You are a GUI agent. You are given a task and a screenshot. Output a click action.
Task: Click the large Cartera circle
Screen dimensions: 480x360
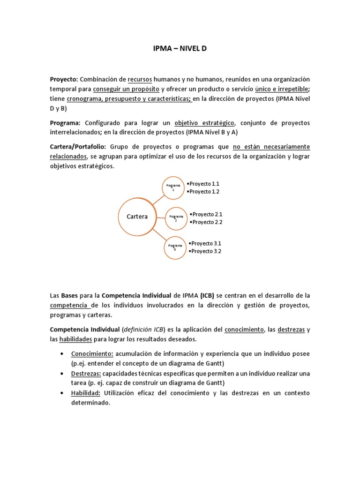(x=137, y=216)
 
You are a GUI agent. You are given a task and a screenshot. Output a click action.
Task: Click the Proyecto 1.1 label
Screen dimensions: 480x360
(x=203, y=184)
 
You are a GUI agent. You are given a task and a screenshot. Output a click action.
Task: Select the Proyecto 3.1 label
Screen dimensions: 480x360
(x=205, y=243)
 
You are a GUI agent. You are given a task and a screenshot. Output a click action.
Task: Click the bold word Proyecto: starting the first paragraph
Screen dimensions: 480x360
(x=64, y=79)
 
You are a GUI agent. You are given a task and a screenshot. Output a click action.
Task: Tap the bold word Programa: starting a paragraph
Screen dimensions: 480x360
(x=66, y=123)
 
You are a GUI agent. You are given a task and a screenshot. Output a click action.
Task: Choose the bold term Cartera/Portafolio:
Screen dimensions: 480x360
(x=78, y=147)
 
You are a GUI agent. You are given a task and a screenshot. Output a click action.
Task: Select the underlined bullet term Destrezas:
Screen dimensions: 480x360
(x=86, y=373)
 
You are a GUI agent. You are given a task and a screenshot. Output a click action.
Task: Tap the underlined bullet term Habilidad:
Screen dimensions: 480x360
(x=86, y=393)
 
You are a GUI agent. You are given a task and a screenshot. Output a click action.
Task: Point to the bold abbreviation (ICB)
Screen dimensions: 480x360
(x=207, y=296)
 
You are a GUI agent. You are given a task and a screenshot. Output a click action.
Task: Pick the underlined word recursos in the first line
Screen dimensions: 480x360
(x=141, y=79)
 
